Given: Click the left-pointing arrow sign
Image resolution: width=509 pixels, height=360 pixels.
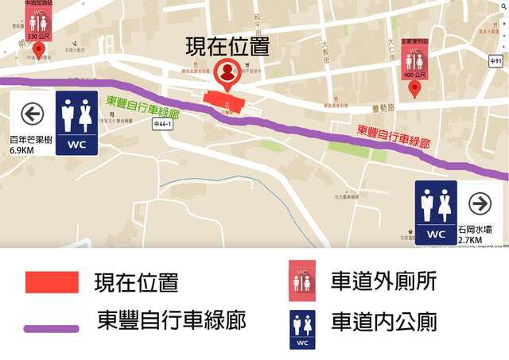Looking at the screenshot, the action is pyautogui.click(x=32, y=114).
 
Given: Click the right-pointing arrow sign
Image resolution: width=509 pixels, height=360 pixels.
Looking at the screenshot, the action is pyautogui.click(x=480, y=203).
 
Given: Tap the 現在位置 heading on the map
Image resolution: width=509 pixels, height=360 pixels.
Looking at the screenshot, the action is pyautogui.click(x=227, y=45).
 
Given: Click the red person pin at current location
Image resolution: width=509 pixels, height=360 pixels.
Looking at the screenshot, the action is pyautogui.click(x=227, y=72).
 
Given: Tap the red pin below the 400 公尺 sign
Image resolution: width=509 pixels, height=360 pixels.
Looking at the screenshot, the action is pyautogui.click(x=414, y=89).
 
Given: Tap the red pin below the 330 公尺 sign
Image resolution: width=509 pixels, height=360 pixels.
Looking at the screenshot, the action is pyautogui.click(x=37, y=50).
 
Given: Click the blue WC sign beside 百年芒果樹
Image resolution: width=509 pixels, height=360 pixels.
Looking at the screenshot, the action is pyautogui.click(x=77, y=122).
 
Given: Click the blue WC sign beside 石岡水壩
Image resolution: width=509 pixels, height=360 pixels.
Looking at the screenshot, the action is pyautogui.click(x=436, y=211).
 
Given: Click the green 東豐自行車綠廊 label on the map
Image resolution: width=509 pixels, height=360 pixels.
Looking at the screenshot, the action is pyautogui.click(x=142, y=109).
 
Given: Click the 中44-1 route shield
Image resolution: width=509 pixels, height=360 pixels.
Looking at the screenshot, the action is pyautogui.click(x=162, y=124).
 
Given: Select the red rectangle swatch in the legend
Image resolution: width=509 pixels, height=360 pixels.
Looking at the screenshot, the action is pyautogui.click(x=52, y=282).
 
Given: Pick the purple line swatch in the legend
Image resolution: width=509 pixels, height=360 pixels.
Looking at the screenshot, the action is pyautogui.click(x=52, y=327).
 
